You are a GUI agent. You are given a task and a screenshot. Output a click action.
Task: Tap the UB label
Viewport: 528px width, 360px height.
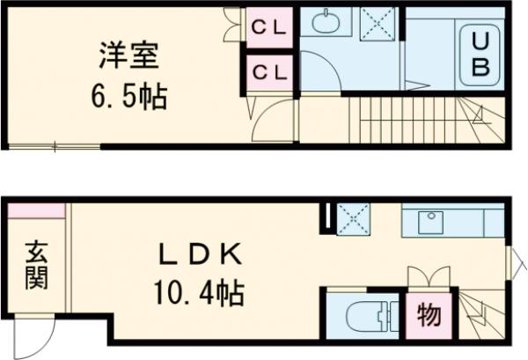point(480,53)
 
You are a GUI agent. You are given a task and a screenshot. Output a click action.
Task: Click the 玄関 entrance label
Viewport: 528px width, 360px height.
point(36,263)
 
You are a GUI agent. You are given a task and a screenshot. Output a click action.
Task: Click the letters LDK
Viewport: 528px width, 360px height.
point(200,253)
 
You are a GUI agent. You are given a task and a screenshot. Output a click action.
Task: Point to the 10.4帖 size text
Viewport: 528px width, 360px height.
point(200,288)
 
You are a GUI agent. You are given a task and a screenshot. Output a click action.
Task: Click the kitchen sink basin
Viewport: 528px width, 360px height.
point(431,221)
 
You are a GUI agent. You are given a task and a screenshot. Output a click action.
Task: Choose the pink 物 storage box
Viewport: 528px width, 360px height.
point(429,315)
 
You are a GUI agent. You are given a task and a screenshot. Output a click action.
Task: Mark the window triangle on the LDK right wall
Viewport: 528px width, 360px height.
point(517,260)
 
